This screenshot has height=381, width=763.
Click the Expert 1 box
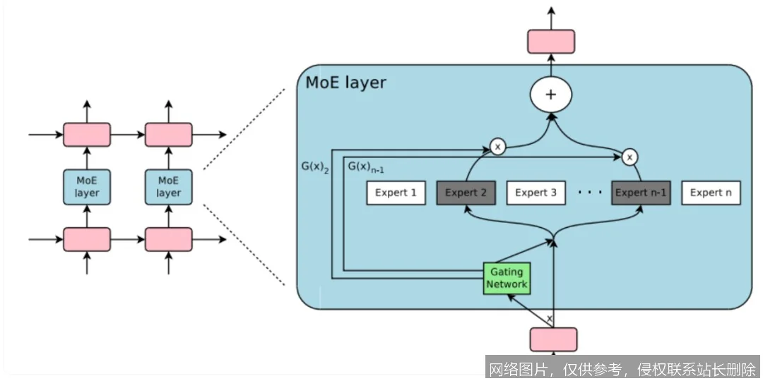coord(396,193)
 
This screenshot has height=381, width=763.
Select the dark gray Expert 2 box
coord(466,193)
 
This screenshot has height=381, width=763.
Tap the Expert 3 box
coord(536,193)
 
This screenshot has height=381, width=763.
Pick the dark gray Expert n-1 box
coord(641,193)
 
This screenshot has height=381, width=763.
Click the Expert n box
coord(711,193)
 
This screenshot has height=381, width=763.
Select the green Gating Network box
coord(507,278)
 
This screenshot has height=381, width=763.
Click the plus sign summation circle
coord(551,95)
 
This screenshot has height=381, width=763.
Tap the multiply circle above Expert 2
coord(498,147)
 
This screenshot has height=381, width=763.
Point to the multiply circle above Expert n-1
coord(628,156)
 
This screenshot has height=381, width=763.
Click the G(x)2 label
coord(314,169)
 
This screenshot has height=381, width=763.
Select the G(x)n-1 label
coord(365,168)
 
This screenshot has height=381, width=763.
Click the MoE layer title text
coord(346,83)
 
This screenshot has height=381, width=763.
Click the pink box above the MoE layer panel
coord(551,41)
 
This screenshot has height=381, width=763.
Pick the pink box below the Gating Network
coord(553,339)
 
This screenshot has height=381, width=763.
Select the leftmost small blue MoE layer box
coord(87,186)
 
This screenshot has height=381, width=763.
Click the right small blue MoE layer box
coord(168,186)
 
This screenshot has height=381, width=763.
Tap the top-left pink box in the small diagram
coord(87,134)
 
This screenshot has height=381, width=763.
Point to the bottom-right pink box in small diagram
coord(168,239)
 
